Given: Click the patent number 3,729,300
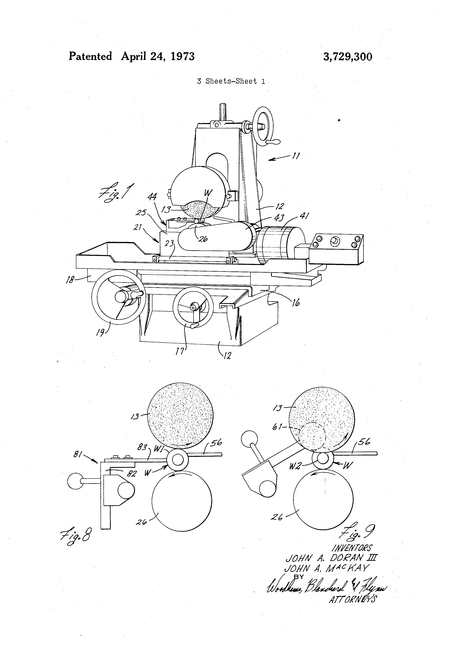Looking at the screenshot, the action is click(348, 57).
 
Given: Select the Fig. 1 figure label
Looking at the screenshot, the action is click(116, 191).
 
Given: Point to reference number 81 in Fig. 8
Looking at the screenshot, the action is click(78, 454).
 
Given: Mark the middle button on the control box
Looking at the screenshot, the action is click(335, 241).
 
